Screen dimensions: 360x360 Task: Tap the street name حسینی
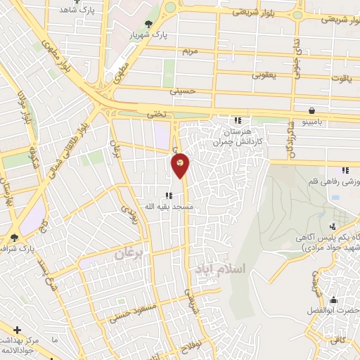(181, 91)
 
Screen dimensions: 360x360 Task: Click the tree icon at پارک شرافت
(15, 238)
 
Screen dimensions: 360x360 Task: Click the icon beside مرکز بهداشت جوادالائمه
(16, 328)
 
